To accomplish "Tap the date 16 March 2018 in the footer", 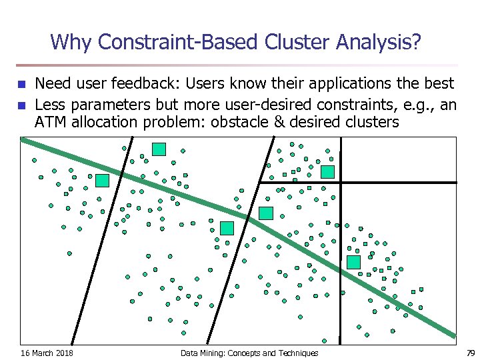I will (x=47, y=353).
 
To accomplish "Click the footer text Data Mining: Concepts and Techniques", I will (x=249, y=353).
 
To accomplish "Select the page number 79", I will (x=470, y=353).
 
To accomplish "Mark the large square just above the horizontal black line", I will (x=327, y=172).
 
